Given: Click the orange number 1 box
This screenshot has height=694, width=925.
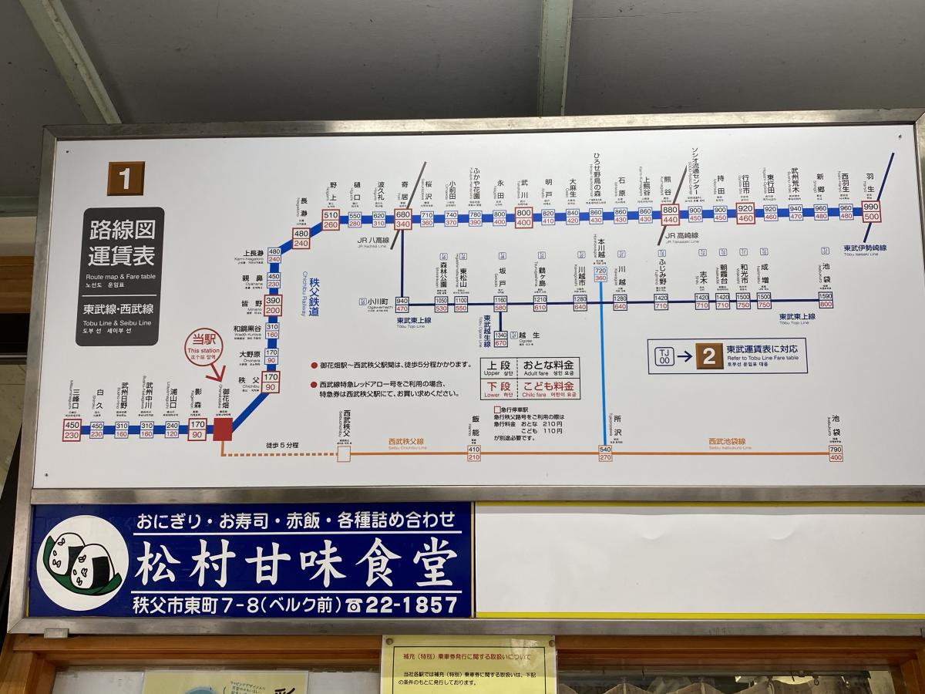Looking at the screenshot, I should coord(125,178).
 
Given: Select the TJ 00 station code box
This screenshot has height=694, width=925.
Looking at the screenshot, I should coord(664,355).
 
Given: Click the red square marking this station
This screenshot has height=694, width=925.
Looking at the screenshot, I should coord(223,429).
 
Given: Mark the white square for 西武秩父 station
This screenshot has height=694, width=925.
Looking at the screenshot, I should coord(344,454).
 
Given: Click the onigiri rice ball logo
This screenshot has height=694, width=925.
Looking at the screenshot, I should coord(82,560).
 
